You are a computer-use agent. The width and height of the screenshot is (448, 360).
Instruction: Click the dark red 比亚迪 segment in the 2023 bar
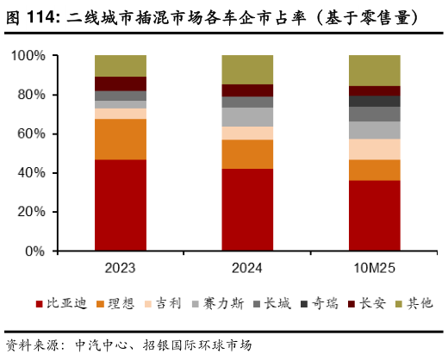click(x=121, y=205)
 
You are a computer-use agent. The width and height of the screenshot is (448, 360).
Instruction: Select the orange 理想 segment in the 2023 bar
click(x=121, y=139)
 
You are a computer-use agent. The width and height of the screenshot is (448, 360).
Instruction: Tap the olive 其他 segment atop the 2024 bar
click(x=247, y=69)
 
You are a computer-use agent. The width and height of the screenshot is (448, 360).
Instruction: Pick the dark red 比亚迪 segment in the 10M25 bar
click(x=374, y=215)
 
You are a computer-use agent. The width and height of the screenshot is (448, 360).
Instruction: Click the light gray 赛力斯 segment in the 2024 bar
click(x=247, y=116)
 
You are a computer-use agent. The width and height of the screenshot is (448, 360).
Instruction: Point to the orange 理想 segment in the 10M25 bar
click(x=374, y=170)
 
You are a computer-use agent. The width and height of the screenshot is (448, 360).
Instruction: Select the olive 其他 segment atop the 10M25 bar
click(x=374, y=70)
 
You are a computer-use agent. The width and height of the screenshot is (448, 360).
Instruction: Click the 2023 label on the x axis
click(x=121, y=267)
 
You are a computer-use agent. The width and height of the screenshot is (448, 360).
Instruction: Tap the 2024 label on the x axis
click(x=247, y=267)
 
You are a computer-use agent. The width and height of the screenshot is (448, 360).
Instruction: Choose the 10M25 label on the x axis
click(x=374, y=267)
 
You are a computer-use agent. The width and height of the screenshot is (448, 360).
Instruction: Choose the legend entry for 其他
click(x=415, y=302)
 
